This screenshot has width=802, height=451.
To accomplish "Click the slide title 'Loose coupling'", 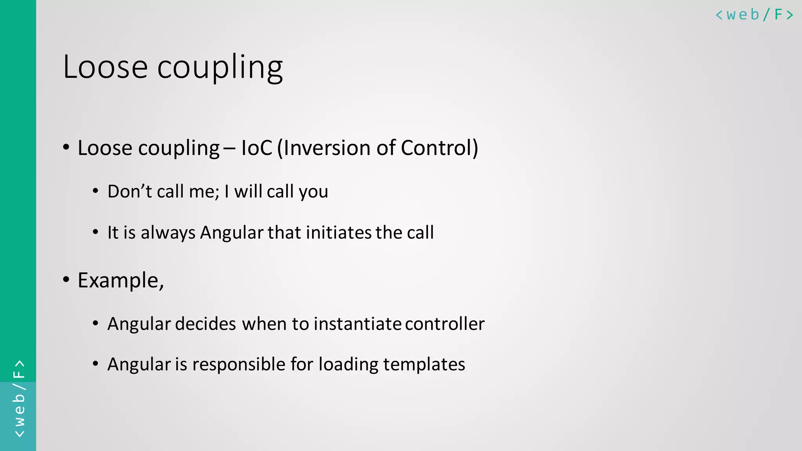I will [x=173, y=67].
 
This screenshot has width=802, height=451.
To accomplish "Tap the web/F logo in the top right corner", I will [x=754, y=15].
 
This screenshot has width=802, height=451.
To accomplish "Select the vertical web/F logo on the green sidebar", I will [x=19, y=399].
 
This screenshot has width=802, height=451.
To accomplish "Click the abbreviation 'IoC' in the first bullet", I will [x=256, y=148].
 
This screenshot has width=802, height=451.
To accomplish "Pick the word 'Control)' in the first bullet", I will [x=439, y=148].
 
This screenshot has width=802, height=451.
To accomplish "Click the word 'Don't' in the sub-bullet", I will [x=130, y=191].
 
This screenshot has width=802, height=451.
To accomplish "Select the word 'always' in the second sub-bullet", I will [x=168, y=233].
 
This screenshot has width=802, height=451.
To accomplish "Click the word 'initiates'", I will [x=339, y=233].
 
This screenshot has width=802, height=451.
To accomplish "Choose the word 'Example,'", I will [x=121, y=281].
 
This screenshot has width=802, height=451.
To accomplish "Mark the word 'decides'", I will [x=205, y=324].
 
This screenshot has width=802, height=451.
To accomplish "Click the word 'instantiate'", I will [x=358, y=324].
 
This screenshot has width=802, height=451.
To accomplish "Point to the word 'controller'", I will [x=445, y=324].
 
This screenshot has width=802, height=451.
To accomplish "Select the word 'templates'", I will [x=424, y=364].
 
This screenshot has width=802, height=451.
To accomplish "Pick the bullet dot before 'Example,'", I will [x=66, y=280].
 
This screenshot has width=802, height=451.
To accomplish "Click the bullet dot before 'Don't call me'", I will [x=96, y=191].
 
